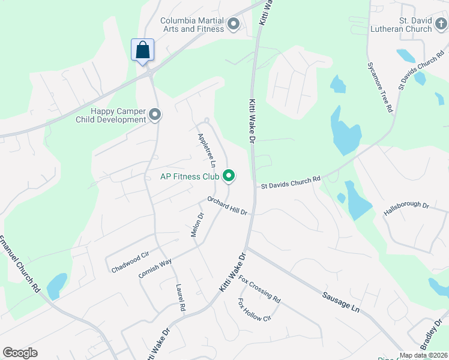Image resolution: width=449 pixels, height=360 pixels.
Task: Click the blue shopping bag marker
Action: tap(142, 50)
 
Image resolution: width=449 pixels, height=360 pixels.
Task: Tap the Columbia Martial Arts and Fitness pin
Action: tap(234, 25)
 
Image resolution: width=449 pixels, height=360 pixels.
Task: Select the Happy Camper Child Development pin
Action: tap(155, 114)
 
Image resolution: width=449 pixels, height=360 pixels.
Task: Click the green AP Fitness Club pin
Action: tap(228, 176)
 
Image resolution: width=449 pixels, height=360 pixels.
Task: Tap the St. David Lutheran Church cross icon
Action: tap(441, 25)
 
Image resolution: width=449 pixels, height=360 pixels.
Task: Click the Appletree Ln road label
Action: tap(206, 150)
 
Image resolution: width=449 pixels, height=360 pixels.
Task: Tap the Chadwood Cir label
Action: tap(130, 263)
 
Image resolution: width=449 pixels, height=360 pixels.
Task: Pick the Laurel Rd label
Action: tap(179, 297)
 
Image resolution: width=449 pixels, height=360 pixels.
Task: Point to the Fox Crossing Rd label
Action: tap(259, 289)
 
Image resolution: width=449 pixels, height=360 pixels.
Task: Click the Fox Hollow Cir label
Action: tap(255, 310)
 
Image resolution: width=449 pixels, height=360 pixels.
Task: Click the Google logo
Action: tap(20, 353)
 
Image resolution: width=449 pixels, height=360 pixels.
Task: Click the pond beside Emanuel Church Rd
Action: tap(56, 286)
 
